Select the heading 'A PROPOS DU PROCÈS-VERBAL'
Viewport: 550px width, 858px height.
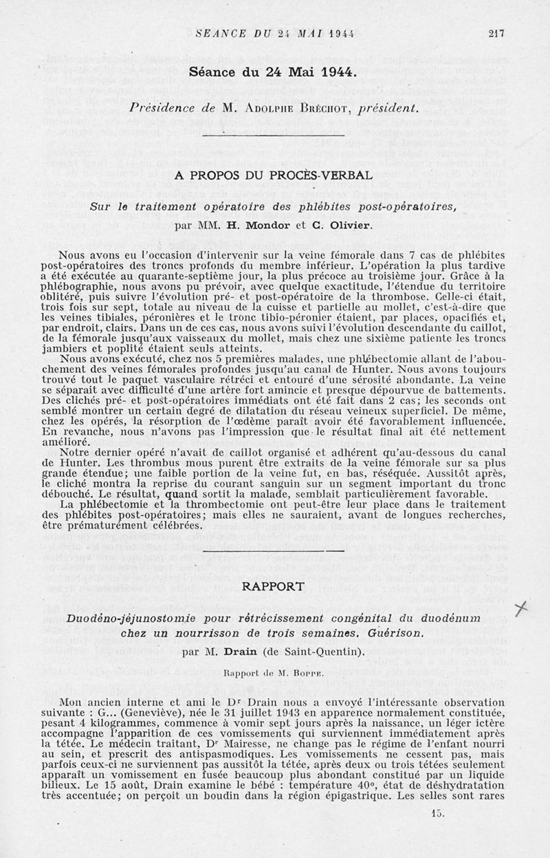point(274,175)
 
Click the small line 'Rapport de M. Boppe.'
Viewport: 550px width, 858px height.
point(274,669)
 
